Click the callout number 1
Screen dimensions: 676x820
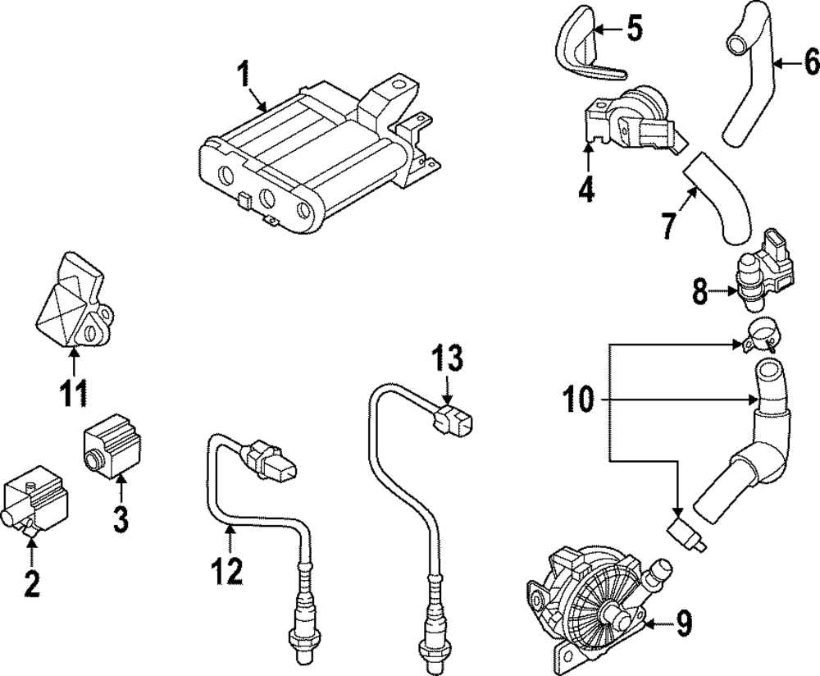pos(242,76)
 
